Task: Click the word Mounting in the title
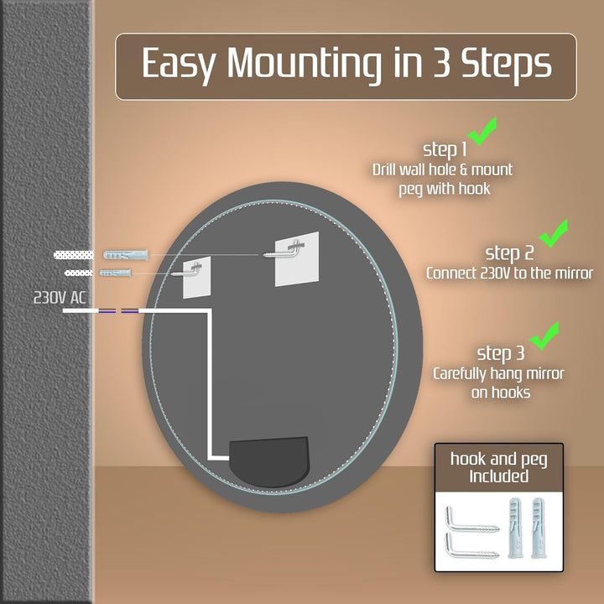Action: pos(304,64)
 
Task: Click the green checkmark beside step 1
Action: pos(482,132)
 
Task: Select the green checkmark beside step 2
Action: pos(554,233)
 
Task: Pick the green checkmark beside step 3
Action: pos(544,336)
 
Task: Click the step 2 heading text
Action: pos(509,253)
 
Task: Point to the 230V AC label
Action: pos(60,297)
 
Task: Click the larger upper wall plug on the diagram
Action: pos(126,255)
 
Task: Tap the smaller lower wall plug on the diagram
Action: pos(116,273)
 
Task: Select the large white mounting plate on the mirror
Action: pos(297,259)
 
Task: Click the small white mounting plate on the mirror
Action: pos(196,277)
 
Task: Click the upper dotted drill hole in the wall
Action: pos(74,255)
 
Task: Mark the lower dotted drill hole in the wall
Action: pos(79,273)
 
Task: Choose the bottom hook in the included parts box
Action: pos(472,545)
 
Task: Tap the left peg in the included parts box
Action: pos(514,528)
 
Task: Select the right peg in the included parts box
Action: pos(538,528)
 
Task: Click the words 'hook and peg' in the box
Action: pos(499,459)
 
